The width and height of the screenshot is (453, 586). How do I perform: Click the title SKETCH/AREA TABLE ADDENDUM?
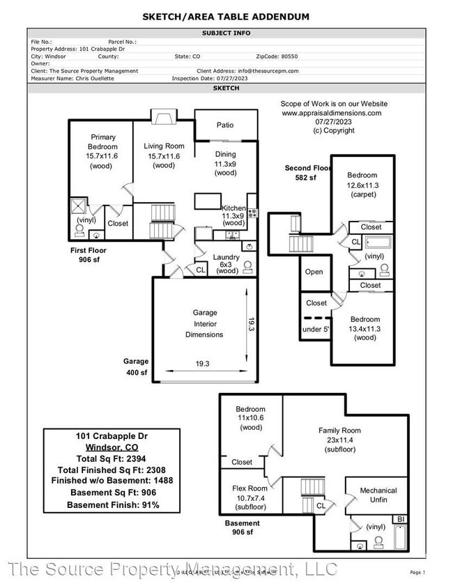point(227,17)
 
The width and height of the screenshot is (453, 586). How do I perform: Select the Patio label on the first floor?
point(225,125)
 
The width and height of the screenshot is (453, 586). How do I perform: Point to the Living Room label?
point(164,155)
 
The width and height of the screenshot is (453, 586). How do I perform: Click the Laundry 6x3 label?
point(227,263)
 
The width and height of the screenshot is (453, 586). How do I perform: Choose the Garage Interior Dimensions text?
point(204,323)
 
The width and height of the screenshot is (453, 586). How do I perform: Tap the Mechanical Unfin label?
point(378,495)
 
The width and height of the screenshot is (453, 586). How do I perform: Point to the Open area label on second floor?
point(314,272)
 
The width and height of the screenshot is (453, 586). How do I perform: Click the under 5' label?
point(316,329)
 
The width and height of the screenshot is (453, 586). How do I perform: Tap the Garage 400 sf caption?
point(136,367)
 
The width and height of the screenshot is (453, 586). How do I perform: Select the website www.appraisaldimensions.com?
point(332,113)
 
